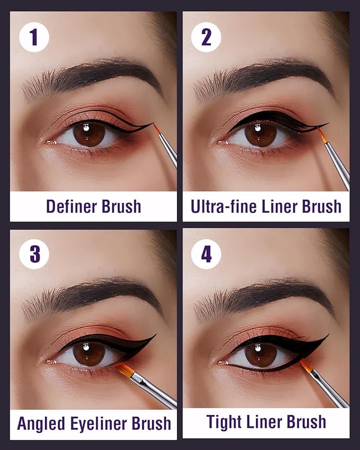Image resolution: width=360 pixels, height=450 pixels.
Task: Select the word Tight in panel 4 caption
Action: click(224, 422)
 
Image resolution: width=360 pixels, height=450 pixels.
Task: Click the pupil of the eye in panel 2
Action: click(261, 134)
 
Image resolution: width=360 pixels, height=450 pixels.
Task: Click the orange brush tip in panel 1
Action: click(157, 129)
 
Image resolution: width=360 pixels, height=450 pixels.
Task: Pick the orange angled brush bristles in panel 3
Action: click(123, 369)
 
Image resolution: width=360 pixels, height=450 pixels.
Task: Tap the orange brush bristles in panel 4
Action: click(306, 365)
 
